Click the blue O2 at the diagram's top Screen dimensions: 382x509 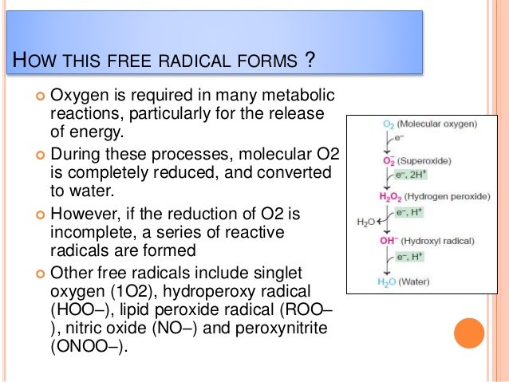pos(389,124)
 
